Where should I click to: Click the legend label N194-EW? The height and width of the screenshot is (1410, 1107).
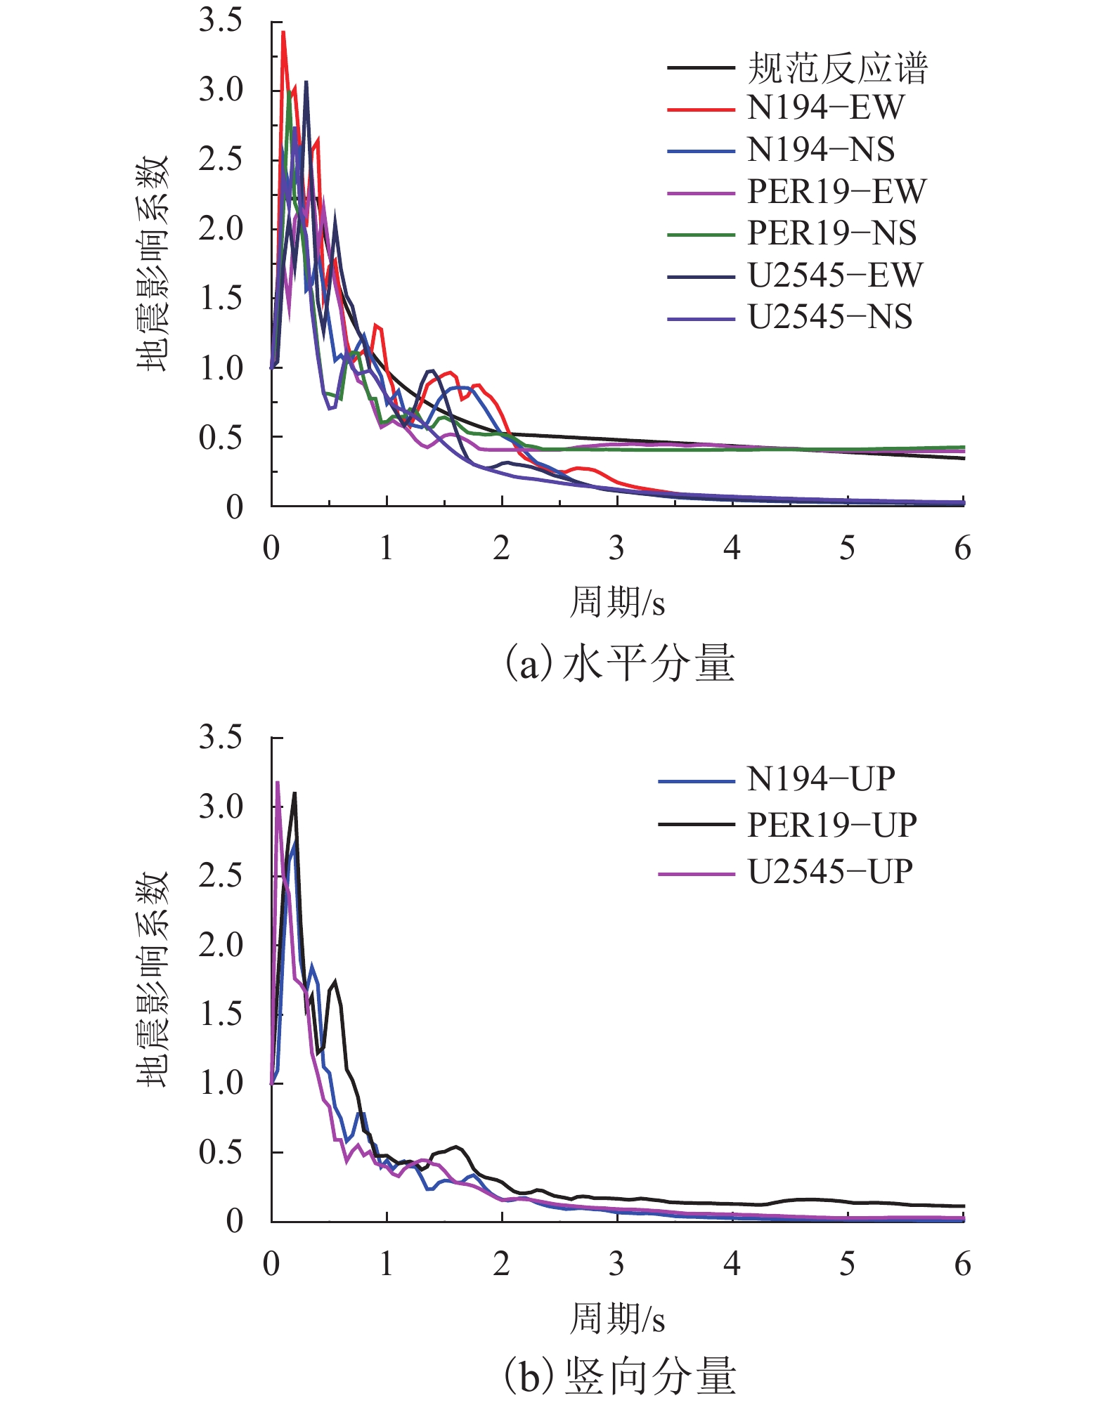coord(825,108)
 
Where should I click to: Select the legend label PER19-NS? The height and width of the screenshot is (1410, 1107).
coord(831,233)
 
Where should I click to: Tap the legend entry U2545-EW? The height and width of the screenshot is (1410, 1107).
coord(834,275)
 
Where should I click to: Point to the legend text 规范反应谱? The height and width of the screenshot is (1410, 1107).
coord(837,68)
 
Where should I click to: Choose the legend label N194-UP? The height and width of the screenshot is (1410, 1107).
coord(820,779)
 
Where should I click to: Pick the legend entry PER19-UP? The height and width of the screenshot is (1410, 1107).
coord(831,825)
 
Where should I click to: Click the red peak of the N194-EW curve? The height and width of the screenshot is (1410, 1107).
coord(283,32)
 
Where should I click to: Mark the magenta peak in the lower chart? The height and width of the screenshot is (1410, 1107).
coord(278,782)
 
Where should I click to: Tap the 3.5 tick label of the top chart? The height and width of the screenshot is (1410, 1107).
coord(220,20)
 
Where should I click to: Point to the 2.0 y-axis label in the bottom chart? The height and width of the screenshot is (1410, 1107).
coord(220,945)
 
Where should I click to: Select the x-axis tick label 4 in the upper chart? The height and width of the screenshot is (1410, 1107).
coord(732,548)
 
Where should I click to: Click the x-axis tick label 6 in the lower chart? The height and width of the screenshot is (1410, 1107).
coord(962,1264)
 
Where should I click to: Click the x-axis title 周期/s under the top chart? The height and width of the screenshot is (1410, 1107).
coord(616,603)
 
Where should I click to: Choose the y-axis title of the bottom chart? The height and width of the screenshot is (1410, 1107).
coord(153,979)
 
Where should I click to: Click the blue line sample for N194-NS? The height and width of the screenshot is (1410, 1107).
coord(701,151)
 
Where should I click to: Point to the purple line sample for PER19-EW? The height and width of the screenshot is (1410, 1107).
coord(701,192)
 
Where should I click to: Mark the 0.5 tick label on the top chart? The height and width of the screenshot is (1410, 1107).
coord(220,438)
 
